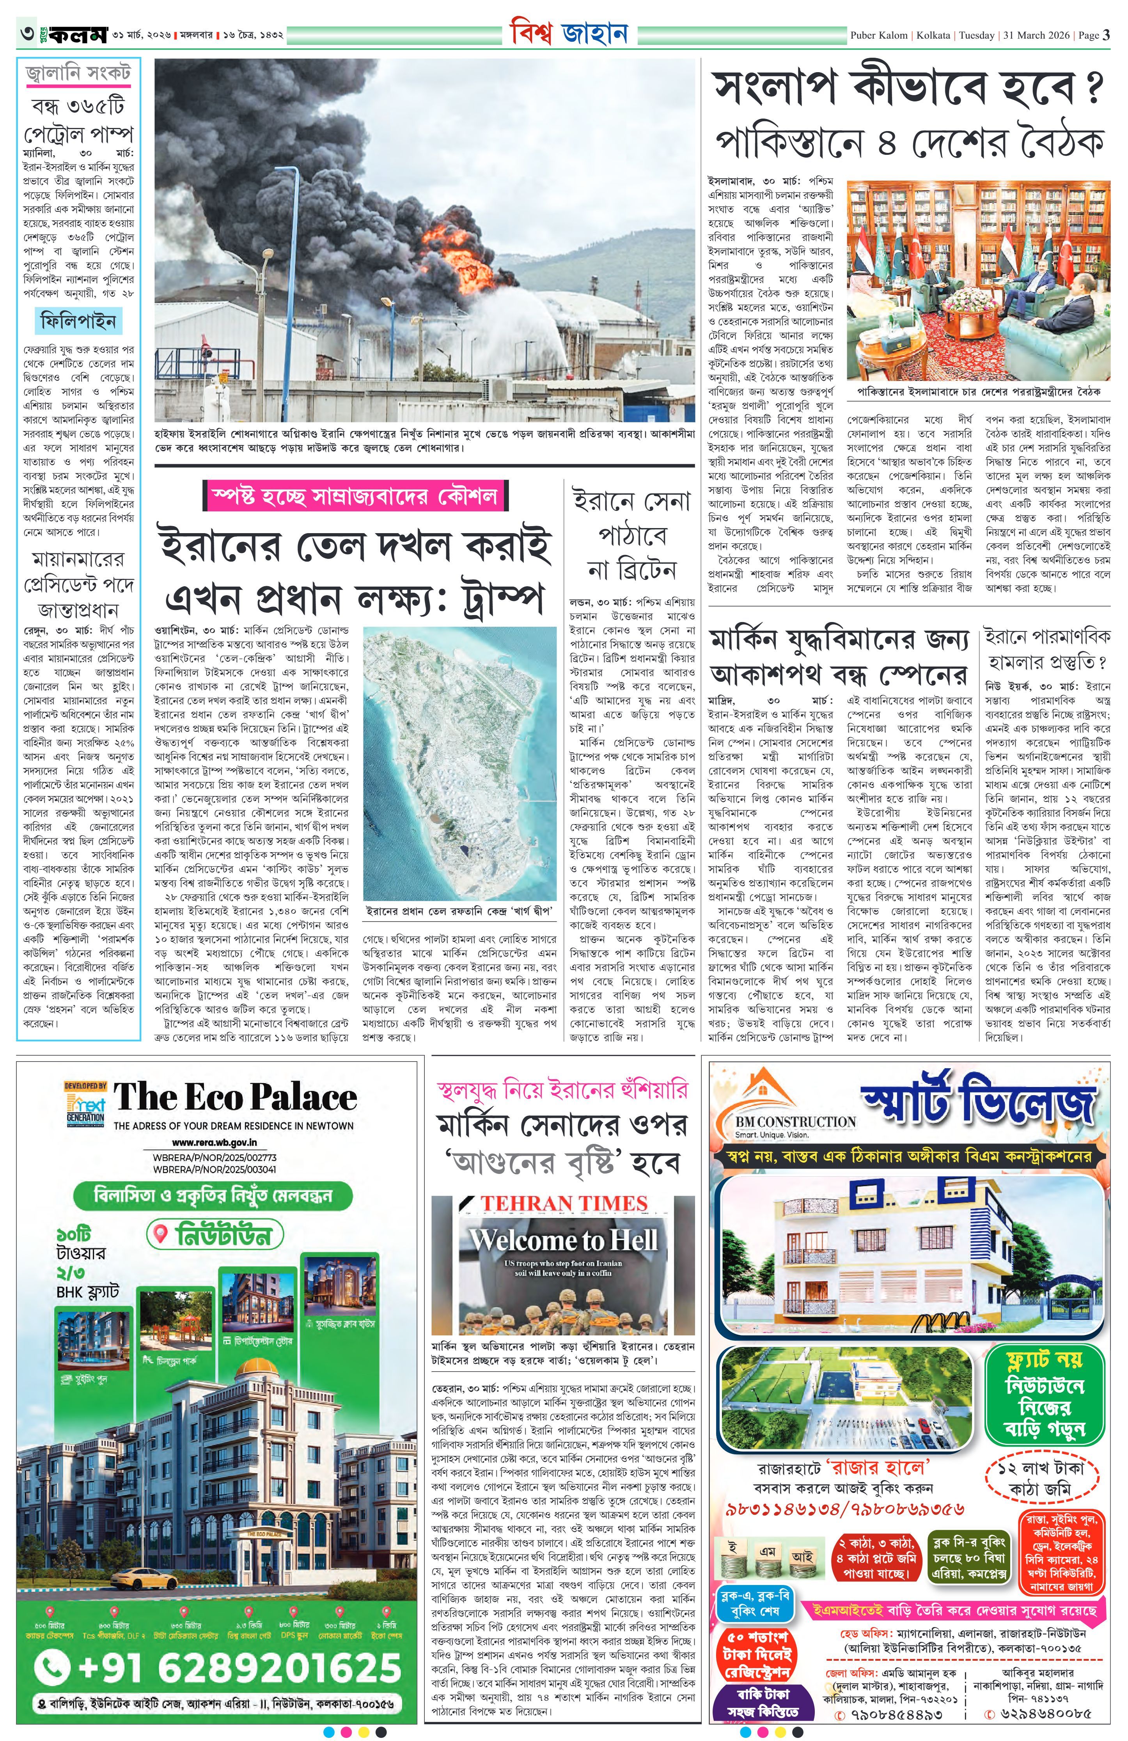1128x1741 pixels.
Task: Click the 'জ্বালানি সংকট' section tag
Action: [78, 73]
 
